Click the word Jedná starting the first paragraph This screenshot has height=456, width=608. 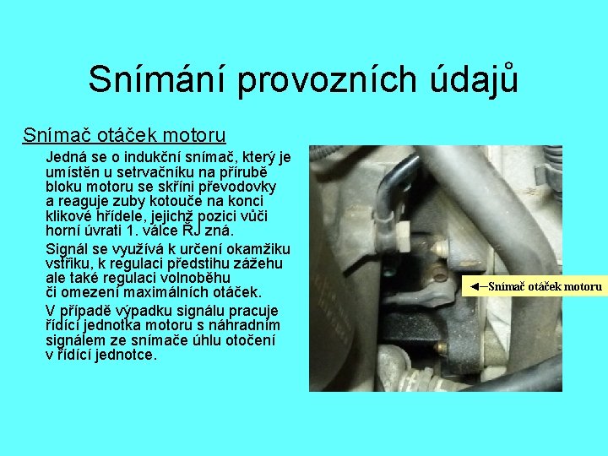pyautogui.click(x=64, y=157)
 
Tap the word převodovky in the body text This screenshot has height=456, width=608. pyautogui.click(x=247, y=186)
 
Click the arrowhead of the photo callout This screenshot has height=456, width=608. pyautogui.click(x=475, y=286)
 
